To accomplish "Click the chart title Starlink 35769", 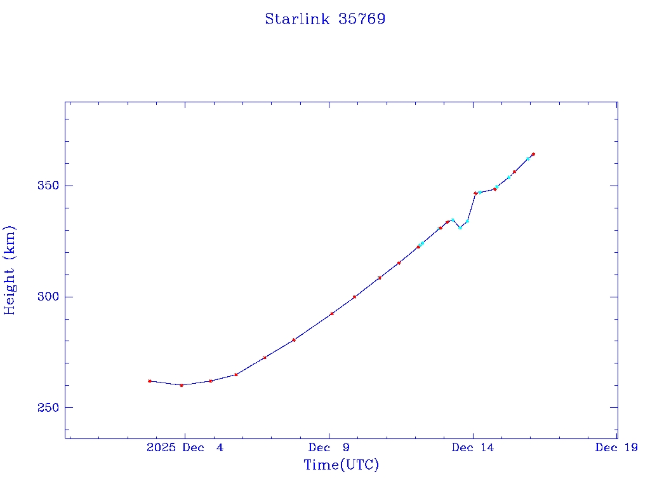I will (x=325, y=19).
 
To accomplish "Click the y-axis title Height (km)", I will (x=10, y=270).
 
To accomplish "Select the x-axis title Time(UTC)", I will (x=342, y=465).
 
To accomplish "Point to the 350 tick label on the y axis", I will (x=48, y=186).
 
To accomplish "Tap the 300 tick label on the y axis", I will (x=48, y=297).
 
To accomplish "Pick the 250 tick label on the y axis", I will (x=48, y=407).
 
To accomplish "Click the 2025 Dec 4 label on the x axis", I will (x=185, y=447).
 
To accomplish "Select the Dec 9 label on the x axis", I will (x=329, y=447).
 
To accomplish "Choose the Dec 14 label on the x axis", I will (x=473, y=447).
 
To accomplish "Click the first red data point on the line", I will (x=150, y=381).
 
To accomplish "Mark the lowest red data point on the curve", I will (x=182, y=385).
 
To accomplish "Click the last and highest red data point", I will (x=533, y=154).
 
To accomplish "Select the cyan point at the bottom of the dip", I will (x=460, y=227).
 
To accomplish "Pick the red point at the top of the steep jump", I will (x=475, y=193).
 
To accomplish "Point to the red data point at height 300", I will (x=354, y=297).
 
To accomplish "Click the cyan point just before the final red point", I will (x=528, y=158).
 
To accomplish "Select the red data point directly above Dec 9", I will (x=332, y=313).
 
